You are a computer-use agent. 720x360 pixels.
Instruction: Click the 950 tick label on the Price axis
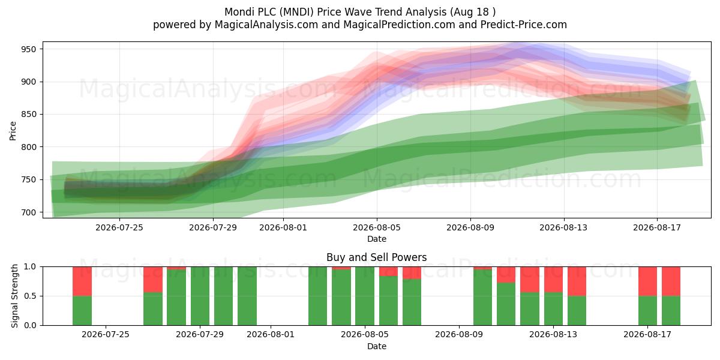29,49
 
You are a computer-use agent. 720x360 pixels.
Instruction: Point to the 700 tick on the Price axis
29,212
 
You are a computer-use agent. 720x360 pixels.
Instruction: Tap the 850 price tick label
29,115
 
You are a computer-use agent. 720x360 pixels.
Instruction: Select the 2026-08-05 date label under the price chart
377,227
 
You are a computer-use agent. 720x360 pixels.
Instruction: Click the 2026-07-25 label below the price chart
119,227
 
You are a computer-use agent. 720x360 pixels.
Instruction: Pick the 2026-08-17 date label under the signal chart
647,335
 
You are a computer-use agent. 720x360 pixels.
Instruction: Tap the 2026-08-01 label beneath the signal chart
271,335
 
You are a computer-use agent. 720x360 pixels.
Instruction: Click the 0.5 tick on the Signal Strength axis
31,296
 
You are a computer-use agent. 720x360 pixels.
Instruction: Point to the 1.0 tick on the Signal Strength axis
31,267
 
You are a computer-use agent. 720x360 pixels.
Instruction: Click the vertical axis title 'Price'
13,131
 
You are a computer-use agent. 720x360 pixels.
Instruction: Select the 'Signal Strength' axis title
14,296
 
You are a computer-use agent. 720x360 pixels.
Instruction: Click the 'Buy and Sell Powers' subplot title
376,257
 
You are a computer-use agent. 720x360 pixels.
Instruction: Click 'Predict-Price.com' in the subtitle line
524,25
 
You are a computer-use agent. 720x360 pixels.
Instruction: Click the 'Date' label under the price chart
377,239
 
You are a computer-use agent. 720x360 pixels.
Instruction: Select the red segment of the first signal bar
82,281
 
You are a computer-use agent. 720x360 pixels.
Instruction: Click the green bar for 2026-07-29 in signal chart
200,296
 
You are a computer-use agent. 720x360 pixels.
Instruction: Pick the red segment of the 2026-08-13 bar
553,280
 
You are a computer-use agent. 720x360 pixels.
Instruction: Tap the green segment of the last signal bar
671,311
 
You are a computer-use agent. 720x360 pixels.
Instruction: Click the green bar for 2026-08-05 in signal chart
365,296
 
